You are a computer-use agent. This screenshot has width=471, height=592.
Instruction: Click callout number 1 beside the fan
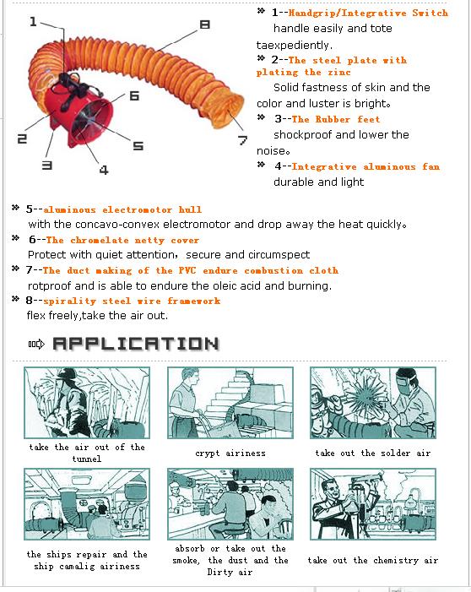click(33, 21)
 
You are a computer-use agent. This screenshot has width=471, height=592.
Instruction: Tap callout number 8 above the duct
click(204, 25)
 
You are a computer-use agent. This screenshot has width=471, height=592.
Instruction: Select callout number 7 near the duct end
click(242, 140)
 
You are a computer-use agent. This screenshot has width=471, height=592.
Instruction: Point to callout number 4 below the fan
click(104, 170)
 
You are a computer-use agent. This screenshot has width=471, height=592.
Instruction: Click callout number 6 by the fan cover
click(134, 95)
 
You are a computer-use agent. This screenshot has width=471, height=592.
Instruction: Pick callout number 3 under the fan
click(46, 165)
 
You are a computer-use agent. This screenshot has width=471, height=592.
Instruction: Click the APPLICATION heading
click(136, 344)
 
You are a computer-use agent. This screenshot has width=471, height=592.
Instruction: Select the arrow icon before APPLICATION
click(36, 344)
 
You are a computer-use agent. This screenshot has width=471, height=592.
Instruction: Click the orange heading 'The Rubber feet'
click(335, 119)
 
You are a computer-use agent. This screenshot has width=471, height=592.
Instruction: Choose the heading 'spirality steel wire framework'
click(132, 301)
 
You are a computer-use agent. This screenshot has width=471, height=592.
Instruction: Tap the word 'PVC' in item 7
click(187, 270)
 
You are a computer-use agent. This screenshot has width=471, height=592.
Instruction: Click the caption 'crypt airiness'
click(230, 453)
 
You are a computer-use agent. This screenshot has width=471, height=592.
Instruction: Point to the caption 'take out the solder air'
click(373, 453)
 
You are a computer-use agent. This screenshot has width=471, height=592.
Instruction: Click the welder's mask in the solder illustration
click(407, 382)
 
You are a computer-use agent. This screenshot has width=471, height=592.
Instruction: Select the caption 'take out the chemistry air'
click(373, 560)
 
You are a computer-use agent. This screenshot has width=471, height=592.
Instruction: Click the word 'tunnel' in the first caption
click(87, 459)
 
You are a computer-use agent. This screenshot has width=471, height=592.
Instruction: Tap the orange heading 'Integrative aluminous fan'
click(365, 166)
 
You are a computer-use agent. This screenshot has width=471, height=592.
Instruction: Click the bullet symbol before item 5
click(15, 207)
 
